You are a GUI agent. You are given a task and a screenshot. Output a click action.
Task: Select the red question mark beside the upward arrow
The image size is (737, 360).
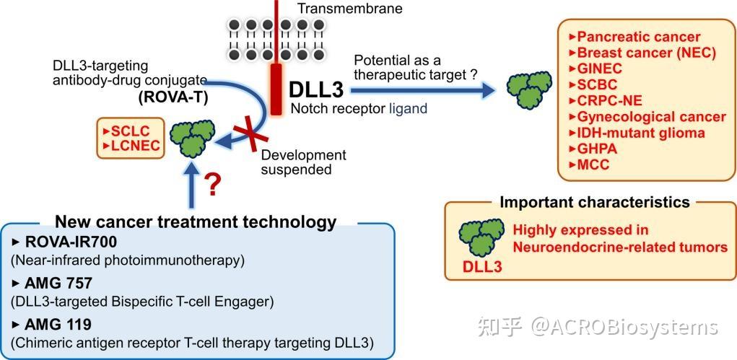point(212,186)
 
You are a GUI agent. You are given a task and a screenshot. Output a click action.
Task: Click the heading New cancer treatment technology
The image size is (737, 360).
point(196,221)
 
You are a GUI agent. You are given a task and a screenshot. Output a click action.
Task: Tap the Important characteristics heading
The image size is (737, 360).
point(594,202)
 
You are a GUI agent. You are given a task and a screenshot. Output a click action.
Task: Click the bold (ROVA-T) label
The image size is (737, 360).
point(174,97)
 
